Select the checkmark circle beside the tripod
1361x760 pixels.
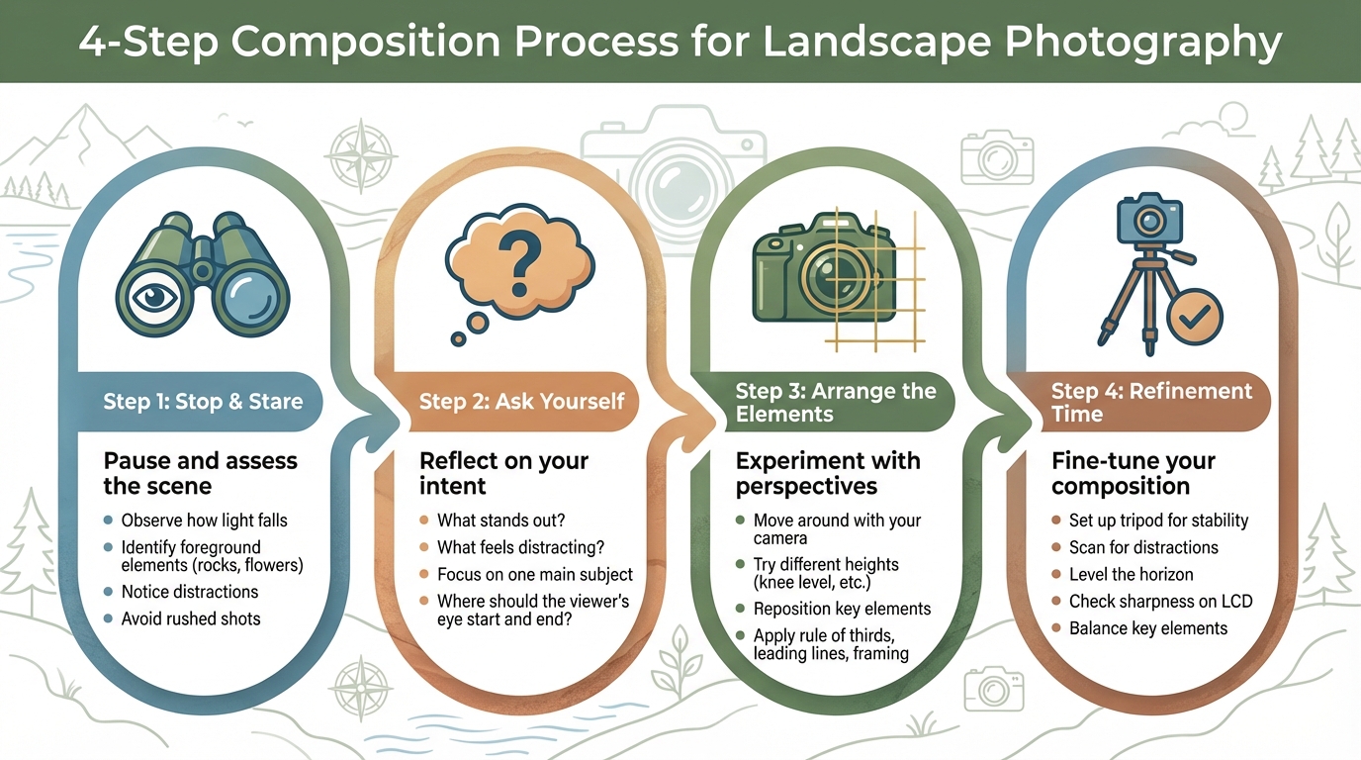[1195, 317]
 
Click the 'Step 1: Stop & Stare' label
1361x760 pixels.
[203, 401]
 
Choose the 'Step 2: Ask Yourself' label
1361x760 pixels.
[521, 401]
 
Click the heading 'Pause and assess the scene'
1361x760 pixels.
[200, 473]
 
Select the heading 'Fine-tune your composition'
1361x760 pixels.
[1134, 473]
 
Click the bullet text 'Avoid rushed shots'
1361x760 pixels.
[191, 618]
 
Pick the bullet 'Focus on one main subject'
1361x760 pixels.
[535, 574]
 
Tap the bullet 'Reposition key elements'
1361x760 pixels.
[842, 609]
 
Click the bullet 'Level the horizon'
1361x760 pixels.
[1131, 574]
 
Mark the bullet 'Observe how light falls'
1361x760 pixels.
[204, 521]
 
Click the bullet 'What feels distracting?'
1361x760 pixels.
[520, 547]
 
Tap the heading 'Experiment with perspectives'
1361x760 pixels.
[828, 473]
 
